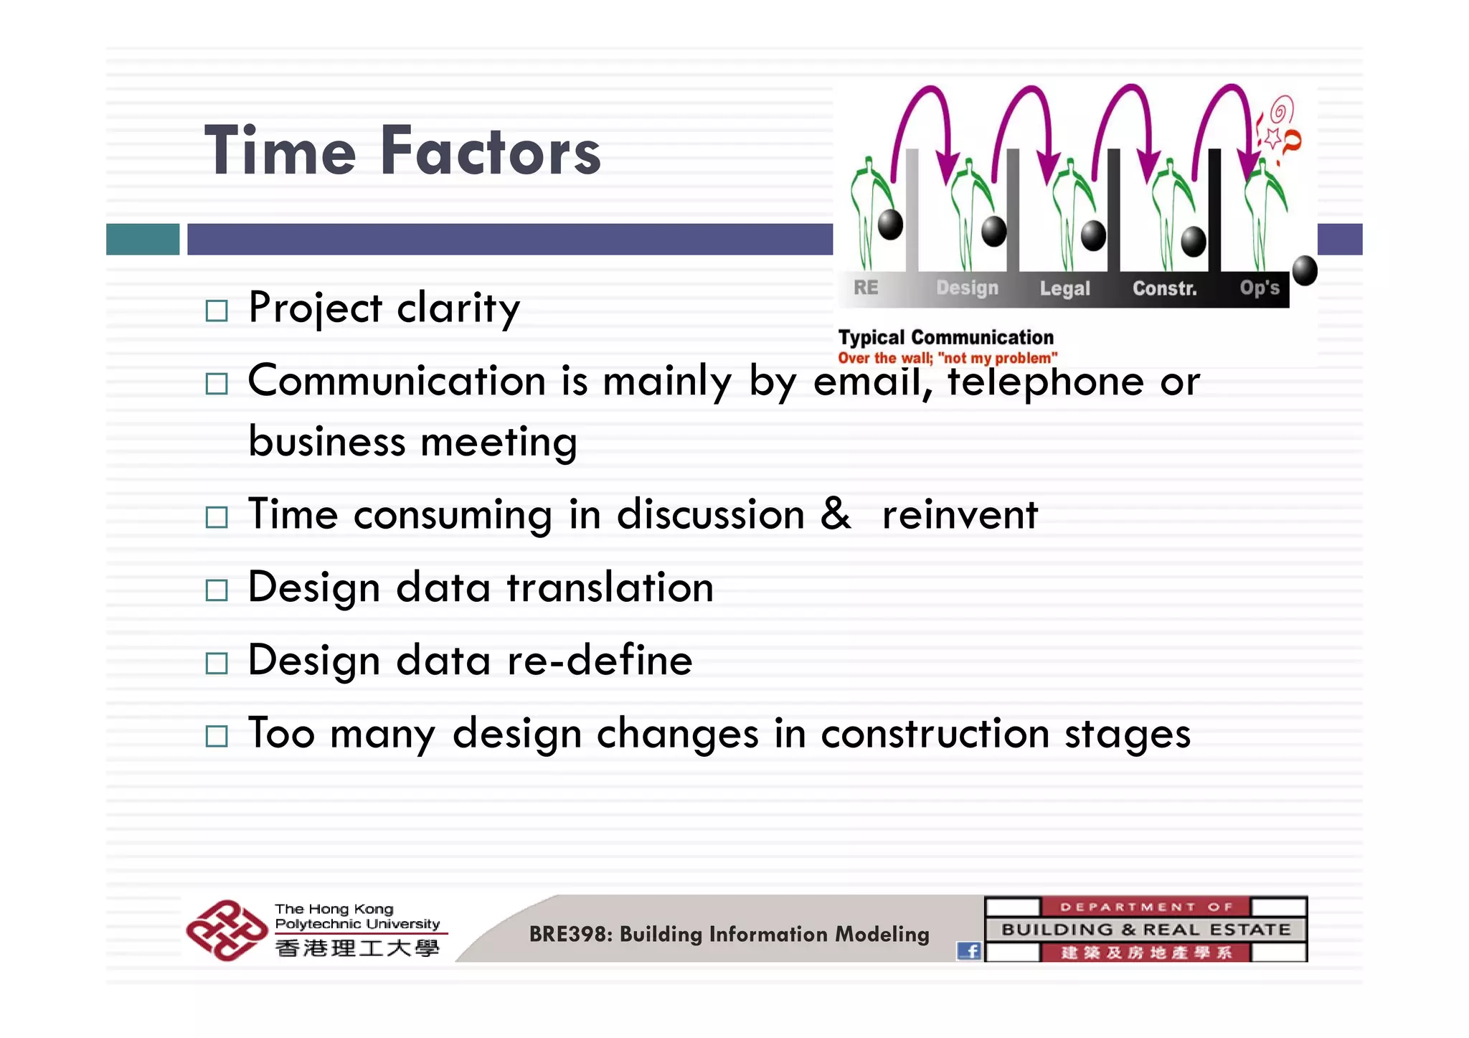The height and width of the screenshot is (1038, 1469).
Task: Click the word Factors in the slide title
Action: tap(491, 151)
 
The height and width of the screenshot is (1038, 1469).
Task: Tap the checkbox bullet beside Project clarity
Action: tap(216, 311)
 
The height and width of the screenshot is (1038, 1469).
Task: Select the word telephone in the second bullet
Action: tap(1045, 381)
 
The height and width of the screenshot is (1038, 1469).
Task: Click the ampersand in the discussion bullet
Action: tap(835, 514)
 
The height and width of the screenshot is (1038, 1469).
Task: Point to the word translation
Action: tap(610, 588)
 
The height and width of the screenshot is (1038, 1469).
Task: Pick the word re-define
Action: tap(600, 660)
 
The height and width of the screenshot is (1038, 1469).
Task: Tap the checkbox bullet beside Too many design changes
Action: tap(216, 736)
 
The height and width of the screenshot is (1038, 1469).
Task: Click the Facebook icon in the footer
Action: tap(969, 951)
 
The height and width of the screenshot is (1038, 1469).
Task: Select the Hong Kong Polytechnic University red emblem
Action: tap(226, 930)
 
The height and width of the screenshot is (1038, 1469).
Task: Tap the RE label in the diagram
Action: tap(866, 288)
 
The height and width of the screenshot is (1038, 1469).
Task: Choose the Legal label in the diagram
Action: tap(1064, 288)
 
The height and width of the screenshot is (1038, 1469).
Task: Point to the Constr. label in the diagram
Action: tap(1164, 288)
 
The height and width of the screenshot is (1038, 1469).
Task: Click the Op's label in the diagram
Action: tap(1260, 288)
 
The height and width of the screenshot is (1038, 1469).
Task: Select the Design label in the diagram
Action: tap(967, 288)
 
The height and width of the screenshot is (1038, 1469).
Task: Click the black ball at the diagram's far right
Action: tap(1304, 270)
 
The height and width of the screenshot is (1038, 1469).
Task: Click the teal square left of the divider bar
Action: tap(143, 239)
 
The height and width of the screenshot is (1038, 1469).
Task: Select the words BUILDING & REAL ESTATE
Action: tap(1146, 930)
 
